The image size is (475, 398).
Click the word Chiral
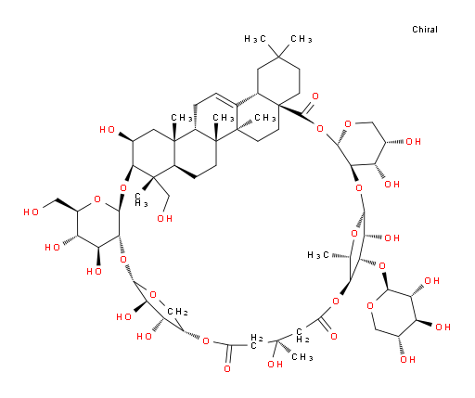pos(425,30)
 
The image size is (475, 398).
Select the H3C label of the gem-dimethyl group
pos(255,39)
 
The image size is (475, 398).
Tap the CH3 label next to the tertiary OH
pos(302,357)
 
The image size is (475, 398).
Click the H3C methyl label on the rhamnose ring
pos(318,255)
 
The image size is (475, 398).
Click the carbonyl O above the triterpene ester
pos(315,96)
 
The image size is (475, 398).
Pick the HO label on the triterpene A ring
pos(108,130)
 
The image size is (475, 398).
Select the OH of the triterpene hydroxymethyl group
pos(164,219)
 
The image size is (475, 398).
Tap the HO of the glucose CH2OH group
pos(31,212)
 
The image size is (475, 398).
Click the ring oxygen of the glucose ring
pos(97,199)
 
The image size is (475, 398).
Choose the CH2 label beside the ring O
pos(177,312)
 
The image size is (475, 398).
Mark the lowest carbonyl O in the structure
pos(227,368)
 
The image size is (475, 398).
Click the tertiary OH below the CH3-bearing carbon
pos(275,364)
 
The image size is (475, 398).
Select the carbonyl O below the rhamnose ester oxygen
pos(334,336)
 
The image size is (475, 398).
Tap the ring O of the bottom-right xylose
pos(370,306)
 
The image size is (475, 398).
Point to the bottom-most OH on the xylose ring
pos(407,359)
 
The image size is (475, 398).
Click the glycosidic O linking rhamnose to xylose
pos(382,266)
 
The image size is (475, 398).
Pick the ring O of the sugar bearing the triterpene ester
pos(348,124)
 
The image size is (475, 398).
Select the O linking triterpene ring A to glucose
pos(123,188)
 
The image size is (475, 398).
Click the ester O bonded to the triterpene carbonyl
pos(319,128)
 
